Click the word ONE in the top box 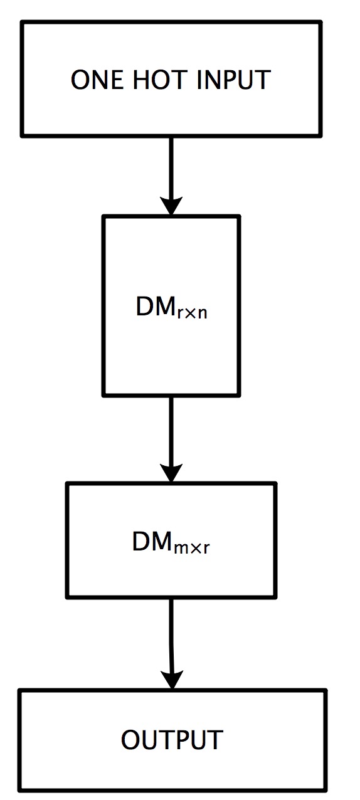coord(93,80)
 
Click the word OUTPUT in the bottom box coord(172,740)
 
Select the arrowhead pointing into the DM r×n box coord(171,205)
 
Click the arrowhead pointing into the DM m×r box coord(171,472)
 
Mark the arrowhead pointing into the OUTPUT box coord(171,679)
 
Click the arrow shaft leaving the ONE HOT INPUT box coord(171,166)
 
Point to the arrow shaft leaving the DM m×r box coord(171,633)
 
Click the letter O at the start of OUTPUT coord(130,740)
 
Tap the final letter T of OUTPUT coord(215,740)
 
